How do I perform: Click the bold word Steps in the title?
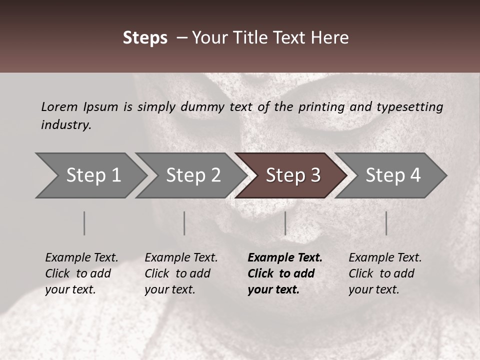tap(145, 38)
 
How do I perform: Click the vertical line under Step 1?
tap(84, 223)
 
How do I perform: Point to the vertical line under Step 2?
tap(184, 223)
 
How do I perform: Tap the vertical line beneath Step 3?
tap(285, 223)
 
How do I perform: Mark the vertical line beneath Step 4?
tap(386, 223)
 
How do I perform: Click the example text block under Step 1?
tap(81, 273)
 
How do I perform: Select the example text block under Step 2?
tap(181, 273)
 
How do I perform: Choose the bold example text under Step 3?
tap(285, 273)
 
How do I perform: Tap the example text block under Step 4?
tap(385, 273)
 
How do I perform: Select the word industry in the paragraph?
tap(66, 124)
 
